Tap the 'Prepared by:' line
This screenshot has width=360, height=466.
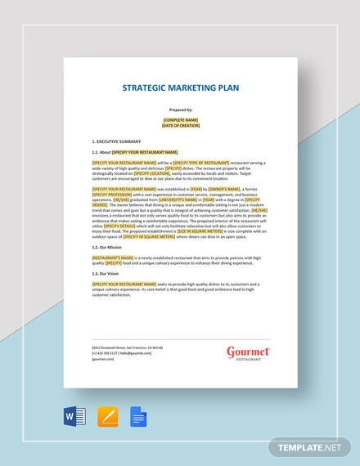point(181,110)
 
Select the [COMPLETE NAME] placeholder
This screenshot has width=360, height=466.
point(181,119)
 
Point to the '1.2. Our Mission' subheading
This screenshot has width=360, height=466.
point(107,246)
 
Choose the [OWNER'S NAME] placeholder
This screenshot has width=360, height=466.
point(224,189)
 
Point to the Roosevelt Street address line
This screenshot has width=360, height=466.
point(128,347)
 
